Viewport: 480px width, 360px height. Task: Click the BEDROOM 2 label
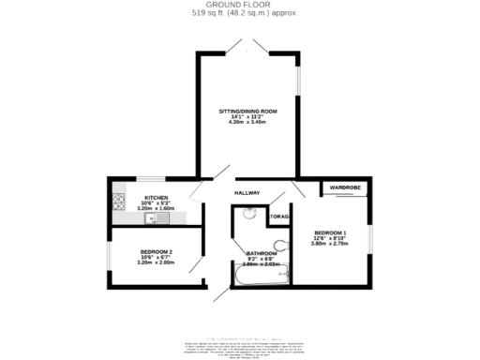click(x=157, y=251)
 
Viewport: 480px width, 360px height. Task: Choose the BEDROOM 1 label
click(x=330, y=232)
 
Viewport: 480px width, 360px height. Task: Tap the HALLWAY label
click(x=247, y=193)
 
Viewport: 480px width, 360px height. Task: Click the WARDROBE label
click(x=344, y=188)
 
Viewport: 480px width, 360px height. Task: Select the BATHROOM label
click(x=262, y=253)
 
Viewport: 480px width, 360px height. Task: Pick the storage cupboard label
click(x=279, y=217)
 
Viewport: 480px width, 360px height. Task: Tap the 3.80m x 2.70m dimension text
click(x=330, y=245)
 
